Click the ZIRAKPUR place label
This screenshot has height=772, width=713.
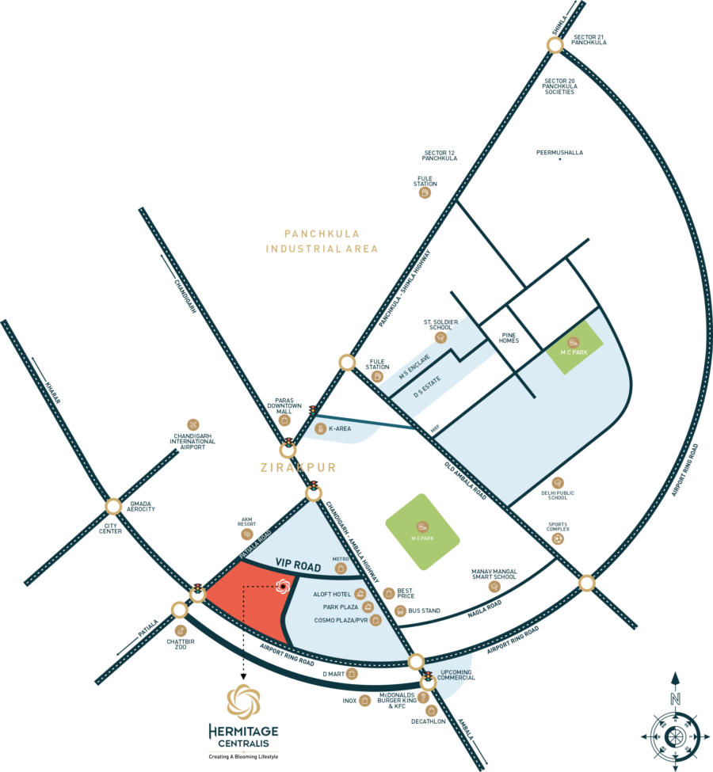point(298,468)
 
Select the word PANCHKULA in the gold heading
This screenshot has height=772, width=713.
point(322,234)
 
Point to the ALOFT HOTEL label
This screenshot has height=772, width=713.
point(333,594)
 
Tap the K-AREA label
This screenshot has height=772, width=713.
point(340,429)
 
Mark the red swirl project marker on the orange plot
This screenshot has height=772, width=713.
point(280,586)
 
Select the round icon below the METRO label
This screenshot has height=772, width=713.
point(341,568)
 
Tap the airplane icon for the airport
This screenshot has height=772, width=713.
point(193,425)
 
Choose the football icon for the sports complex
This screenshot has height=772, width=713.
point(560,538)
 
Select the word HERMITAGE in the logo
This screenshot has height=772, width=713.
point(242,729)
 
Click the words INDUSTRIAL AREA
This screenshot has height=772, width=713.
point(322,249)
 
